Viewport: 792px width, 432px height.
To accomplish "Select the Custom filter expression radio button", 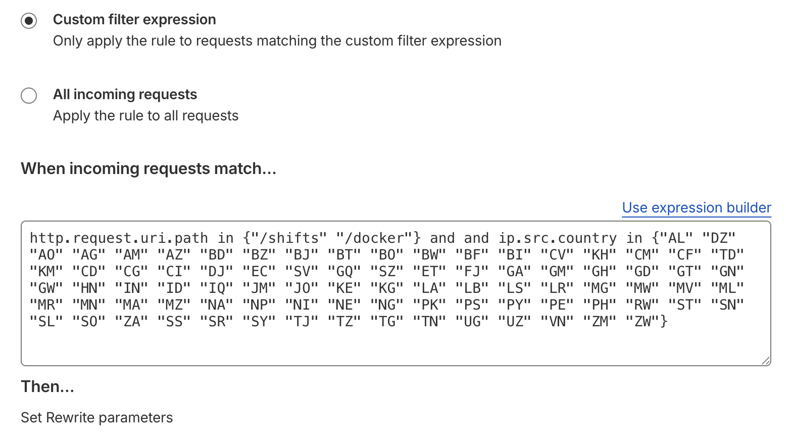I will (29, 21).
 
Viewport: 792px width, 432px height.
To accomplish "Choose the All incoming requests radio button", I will (29, 96).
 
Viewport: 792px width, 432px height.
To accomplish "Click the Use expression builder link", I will (696, 207).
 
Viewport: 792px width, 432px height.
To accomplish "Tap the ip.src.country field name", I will (558, 238).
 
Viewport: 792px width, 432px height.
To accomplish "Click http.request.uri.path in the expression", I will (119, 238).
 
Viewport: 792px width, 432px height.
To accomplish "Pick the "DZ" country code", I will (719, 238).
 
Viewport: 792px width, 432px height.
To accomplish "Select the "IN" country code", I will (132, 288).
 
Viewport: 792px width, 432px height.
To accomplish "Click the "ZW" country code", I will (642, 322).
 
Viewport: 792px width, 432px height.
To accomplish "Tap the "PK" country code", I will (430, 305).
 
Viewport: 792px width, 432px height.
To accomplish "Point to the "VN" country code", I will (558, 322).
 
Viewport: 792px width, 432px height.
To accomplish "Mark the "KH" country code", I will (600, 255).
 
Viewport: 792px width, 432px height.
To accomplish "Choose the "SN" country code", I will (728, 305).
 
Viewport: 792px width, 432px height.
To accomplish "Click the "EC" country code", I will (260, 272).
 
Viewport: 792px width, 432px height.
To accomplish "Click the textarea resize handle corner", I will (766, 360).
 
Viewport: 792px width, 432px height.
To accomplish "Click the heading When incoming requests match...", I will (148, 168).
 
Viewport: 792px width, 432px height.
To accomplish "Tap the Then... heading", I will (47, 386).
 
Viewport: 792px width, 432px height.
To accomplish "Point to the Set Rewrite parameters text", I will (97, 418).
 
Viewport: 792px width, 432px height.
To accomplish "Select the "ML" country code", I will (728, 288).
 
